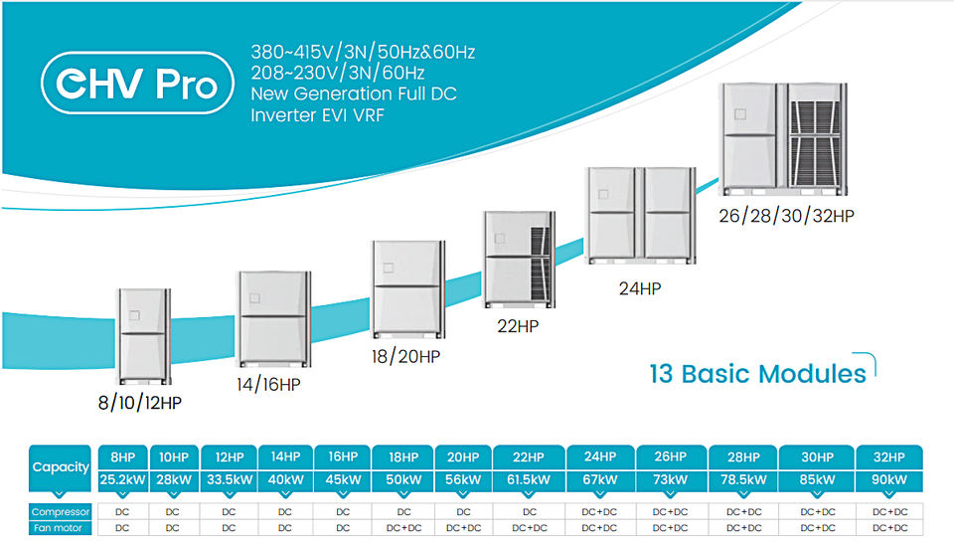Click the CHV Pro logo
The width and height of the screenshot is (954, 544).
click(137, 83)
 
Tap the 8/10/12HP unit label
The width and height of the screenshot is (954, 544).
click(140, 403)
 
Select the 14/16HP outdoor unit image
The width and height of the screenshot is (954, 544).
click(274, 319)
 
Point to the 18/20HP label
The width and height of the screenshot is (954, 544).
click(405, 356)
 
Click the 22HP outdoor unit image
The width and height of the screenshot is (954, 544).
click(520, 260)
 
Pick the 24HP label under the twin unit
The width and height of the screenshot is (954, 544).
click(640, 288)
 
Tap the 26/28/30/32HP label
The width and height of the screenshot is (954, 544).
click(786, 216)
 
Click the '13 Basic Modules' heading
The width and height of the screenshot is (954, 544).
click(757, 374)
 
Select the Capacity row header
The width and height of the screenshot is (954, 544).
click(61, 467)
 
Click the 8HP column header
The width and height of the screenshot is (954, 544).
click(123, 456)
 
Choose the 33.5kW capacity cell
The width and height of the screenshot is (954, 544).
click(230, 480)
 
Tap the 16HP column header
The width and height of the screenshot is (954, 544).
click(343, 456)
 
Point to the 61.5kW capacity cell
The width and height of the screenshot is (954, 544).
click(529, 480)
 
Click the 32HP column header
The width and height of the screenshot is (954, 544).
click(888, 456)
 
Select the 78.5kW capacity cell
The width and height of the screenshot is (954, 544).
click(743, 480)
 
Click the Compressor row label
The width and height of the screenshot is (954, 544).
click(61, 512)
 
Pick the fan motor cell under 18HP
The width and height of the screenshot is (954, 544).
click(404, 527)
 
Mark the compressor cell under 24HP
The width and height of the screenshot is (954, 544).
click(600, 512)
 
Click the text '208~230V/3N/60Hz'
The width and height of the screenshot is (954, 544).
click(338, 74)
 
